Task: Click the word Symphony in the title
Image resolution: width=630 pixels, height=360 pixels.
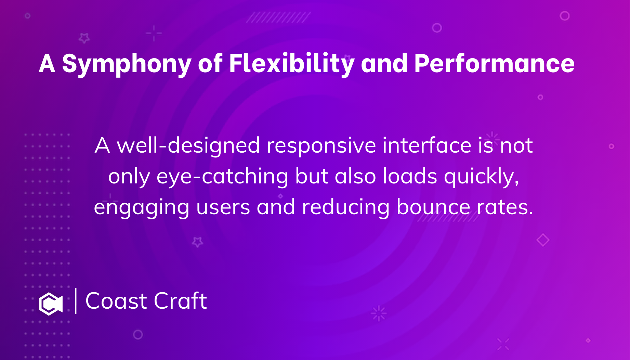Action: (x=126, y=64)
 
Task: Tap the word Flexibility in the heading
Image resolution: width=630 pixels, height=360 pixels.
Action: (x=291, y=63)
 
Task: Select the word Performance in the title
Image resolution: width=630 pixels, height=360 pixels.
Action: (x=494, y=63)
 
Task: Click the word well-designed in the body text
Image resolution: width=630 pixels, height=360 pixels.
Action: (x=188, y=145)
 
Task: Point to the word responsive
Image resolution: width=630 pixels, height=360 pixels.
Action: (x=321, y=145)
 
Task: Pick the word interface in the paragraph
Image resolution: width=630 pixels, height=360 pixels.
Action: (x=427, y=145)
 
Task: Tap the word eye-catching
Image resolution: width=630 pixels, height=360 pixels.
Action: (x=222, y=177)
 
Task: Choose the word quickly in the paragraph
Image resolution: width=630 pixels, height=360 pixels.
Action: (x=481, y=177)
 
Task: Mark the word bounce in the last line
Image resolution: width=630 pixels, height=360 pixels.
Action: (x=433, y=207)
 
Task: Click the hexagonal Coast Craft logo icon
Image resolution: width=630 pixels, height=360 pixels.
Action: (x=51, y=304)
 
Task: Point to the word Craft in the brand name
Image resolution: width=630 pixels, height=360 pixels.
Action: (x=180, y=301)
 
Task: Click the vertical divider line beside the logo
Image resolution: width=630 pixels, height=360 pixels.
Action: (x=76, y=301)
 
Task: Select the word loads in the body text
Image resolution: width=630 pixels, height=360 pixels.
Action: (x=410, y=176)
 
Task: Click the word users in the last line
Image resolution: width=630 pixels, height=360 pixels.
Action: (x=223, y=207)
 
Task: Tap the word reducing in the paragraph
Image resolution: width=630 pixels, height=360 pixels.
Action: (x=345, y=207)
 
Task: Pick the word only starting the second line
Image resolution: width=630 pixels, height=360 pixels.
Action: (x=129, y=177)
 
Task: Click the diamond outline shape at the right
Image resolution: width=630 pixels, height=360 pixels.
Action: (x=543, y=240)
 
